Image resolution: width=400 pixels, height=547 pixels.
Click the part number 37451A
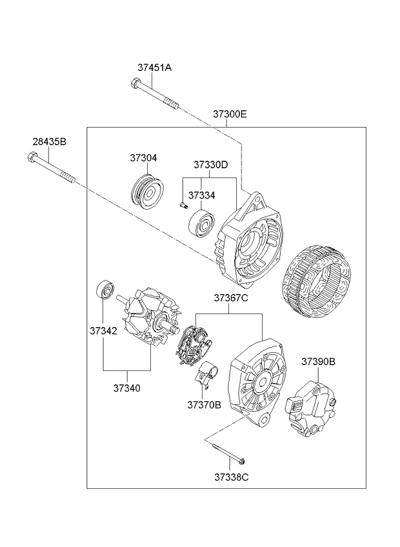pos(154,67)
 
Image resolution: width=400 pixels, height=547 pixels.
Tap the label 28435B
pos(50,141)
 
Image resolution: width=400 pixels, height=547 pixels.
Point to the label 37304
pos(143,158)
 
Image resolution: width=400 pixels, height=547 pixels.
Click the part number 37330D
pos(210,164)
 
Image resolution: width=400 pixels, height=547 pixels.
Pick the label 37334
pos(202,194)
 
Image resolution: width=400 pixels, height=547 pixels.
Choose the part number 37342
pos(103,331)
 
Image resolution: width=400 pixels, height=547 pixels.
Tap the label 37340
pos(127,388)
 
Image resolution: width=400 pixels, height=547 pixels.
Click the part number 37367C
pos(231,298)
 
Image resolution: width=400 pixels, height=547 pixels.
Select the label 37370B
pos(205,405)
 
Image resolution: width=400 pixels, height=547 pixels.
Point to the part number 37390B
pos(318,362)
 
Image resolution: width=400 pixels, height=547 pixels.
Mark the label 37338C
pos(232,477)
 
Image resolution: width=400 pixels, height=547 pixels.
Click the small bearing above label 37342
pos(105,291)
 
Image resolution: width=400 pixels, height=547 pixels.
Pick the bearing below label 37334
pos(202,223)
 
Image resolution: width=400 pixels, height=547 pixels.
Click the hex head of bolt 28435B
pos(32,156)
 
